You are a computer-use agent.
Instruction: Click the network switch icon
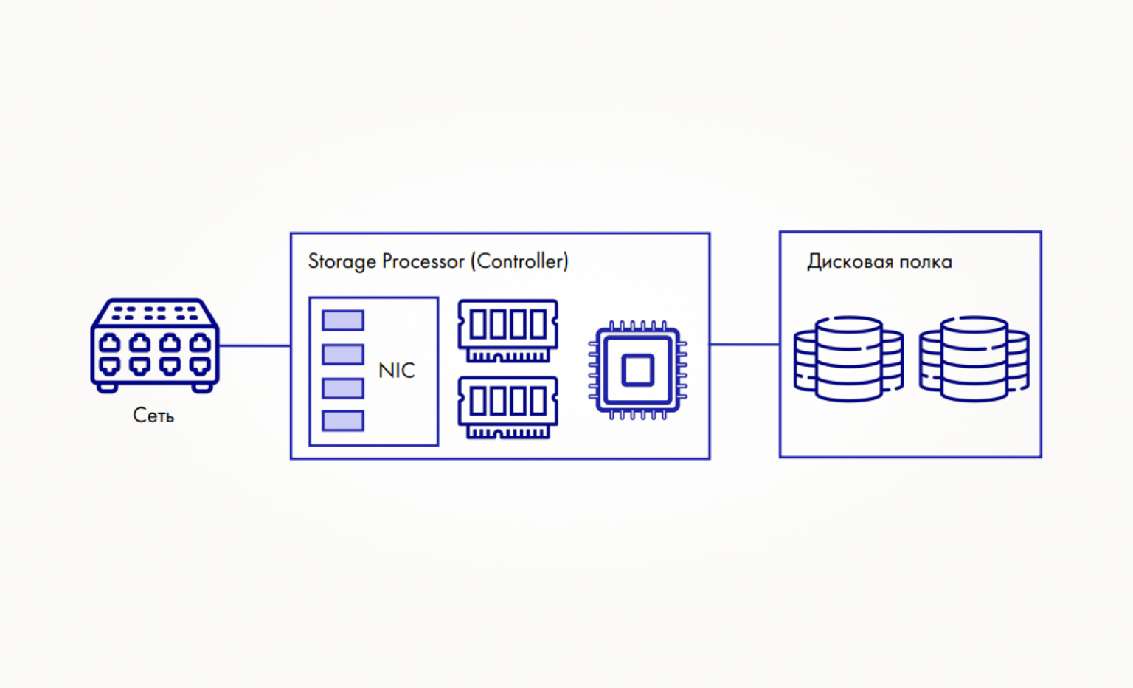[x=155, y=345]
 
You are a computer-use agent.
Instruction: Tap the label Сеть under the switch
[x=153, y=416]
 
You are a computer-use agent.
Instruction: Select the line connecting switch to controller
[x=255, y=345]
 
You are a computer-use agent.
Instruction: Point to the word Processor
[x=423, y=261]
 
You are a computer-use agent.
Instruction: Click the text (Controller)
[x=520, y=261]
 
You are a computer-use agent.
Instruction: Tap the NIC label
[x=397, y=371]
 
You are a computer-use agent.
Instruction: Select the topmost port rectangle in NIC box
[x=343, y=320]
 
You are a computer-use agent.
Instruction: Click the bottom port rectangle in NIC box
[x=343, y=421]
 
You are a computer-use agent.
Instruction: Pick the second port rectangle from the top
[x=343, y=354]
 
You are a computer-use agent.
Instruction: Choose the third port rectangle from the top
[x=343, y=388]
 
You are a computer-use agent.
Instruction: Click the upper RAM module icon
[x=507, y=331]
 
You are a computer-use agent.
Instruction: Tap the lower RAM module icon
[x=507, y=407]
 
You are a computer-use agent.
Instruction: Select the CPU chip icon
[x=638, y=370]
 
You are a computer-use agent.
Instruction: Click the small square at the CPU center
[x=638, y=370]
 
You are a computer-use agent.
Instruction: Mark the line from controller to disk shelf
[x=744, y=344]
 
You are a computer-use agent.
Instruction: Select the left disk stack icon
[x=849, y=359]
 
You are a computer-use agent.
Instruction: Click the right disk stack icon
[x=974, y=359]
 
